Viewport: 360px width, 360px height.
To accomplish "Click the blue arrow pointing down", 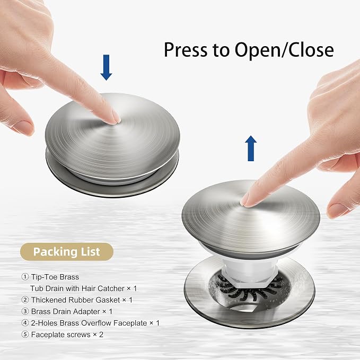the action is point(106,67).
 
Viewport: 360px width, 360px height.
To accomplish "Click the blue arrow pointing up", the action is point(251,148).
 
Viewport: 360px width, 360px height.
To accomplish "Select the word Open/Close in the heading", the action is point(284,50).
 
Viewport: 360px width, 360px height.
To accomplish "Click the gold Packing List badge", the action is point(67,252).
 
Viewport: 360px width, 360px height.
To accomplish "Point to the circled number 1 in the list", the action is point(25,277).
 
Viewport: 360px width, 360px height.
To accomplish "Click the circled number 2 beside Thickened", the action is point(25,300).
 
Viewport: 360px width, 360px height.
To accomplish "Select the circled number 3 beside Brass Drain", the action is point(25,311).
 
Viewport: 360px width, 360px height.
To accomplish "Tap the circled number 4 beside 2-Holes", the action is point(25,323).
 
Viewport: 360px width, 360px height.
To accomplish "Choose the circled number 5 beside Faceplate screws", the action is point(25,335).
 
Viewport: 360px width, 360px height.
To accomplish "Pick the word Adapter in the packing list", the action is point(87,312).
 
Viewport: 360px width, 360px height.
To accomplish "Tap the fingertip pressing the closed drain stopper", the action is point(114,118).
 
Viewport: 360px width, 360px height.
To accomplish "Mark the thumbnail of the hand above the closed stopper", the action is point(23,127).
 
